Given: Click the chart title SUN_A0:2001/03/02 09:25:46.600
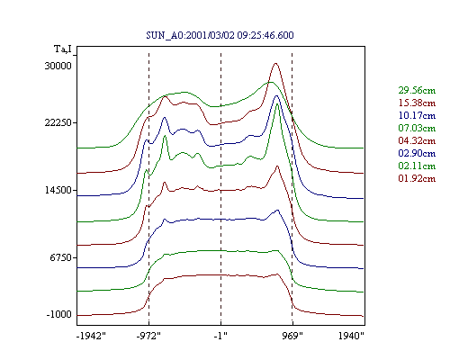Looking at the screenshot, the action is coord(220,35).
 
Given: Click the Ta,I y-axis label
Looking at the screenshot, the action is coord(63,49).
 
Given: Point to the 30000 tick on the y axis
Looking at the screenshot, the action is coord(58,66).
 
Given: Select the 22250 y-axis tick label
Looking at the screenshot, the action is coord(58,122).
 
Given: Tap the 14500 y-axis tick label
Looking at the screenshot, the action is coord(58,190).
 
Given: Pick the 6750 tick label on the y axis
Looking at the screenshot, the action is coord(61,257).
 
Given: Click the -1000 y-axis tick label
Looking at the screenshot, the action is coord(59,315).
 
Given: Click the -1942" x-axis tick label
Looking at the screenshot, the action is coord(91,336).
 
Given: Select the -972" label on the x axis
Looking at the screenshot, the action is coord(148,336).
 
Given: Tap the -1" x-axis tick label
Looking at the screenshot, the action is coord(220,336).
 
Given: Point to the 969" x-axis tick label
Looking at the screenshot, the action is coord(292,336).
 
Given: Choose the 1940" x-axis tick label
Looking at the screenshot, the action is coord(351,336).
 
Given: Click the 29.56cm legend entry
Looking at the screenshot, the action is coord(417,90).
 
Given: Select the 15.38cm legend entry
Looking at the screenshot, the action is coord(417,103).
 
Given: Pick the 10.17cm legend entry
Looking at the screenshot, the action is coord(417,115).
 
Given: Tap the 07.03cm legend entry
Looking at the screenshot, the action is coord(417,128).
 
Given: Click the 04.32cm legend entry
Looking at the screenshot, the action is coord(417,140).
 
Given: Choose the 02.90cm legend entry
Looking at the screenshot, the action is coord(417,153).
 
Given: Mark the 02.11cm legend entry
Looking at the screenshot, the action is coord(417,166).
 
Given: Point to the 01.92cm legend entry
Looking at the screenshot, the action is coord(417,178).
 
